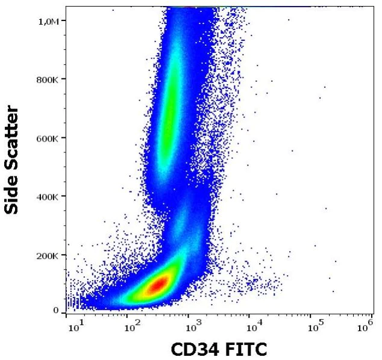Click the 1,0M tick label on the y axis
48,21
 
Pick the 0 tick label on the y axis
55,311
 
